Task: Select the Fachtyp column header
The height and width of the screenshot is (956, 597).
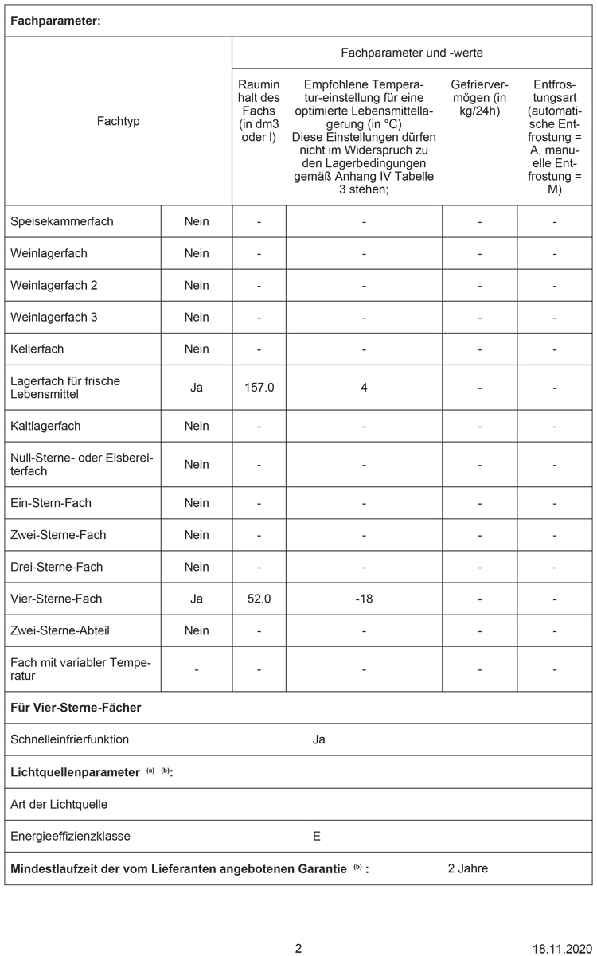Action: click(118, 121)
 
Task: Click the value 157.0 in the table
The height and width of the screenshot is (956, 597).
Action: click(259, 388)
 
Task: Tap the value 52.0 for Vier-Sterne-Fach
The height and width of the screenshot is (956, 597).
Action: click(259, 599)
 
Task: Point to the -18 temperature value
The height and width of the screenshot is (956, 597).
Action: click(364, 599)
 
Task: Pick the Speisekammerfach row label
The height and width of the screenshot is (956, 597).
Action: click(62, 221)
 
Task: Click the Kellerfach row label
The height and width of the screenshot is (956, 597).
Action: click(37, 349)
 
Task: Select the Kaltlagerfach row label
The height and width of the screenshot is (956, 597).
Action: click(45, 426)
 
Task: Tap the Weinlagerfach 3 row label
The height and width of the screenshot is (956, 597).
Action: click(54, 317)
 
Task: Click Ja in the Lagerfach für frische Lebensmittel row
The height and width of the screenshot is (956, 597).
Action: click(197, 388)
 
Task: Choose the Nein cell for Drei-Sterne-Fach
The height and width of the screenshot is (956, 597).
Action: click(197, 567)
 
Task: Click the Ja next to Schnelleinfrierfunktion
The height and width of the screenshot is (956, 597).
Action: click(318, 739)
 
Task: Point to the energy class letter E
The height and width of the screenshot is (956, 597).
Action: click(317, 836)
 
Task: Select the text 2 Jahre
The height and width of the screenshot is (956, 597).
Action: click(468, 868)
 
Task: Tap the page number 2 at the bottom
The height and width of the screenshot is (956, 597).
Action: click(298, 949)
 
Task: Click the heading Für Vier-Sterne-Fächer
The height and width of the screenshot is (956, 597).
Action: click(76, 707)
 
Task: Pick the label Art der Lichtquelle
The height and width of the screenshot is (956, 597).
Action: click(59, 804)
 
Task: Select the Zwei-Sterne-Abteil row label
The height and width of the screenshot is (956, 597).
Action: click(60, 630)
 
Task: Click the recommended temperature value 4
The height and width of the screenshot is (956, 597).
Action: click(364, 388)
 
